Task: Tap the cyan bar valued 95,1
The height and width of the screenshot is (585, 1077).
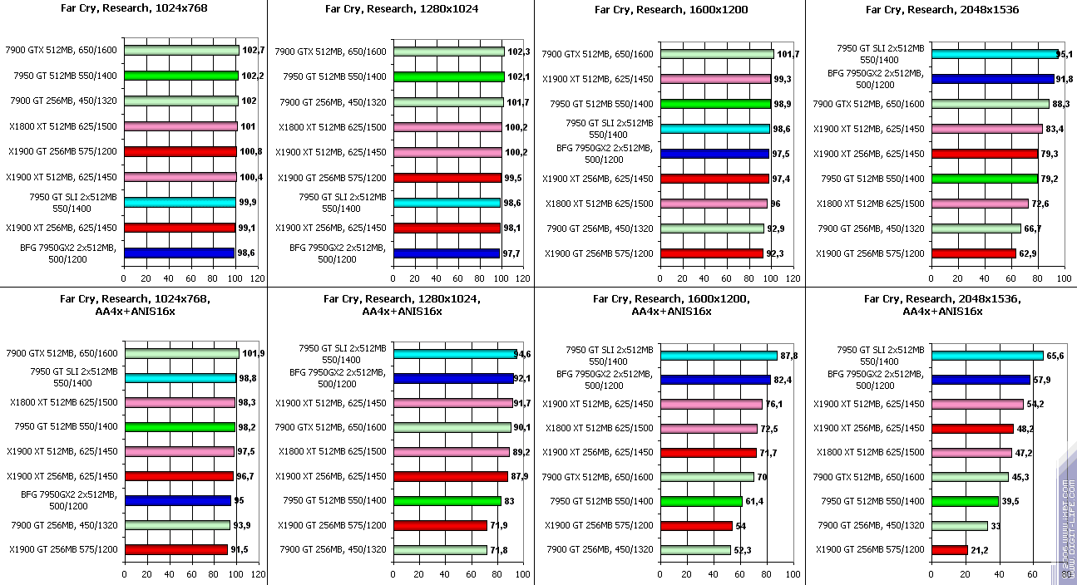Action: tap(995, 54)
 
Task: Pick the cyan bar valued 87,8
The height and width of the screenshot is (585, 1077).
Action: tap(719, 356)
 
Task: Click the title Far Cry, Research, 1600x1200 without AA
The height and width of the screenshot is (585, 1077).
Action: tap(671, 10)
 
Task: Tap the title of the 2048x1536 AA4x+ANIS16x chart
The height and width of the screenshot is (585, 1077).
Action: tap(941, 305)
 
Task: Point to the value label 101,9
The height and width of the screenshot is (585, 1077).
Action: tap(253, 353)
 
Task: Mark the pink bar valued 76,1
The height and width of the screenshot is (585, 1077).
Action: tap(711, 405)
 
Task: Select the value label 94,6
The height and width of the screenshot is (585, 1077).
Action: tap(523, 354)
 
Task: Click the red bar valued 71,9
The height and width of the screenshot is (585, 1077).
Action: tap(440, 525)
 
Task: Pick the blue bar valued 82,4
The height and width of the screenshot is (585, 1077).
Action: tap(715, 380)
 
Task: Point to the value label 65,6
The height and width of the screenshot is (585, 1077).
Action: tap(1055, 356)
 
